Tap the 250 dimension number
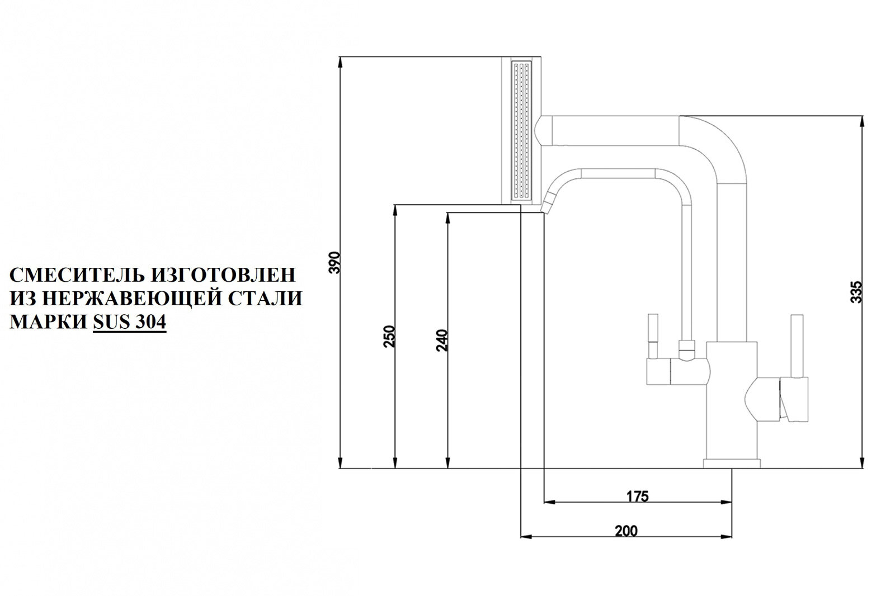click(390, 337)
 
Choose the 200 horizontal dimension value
click(625, 531)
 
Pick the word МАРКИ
click(47, 323)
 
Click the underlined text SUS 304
click(129, 323)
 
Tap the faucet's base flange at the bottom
click(732, 463)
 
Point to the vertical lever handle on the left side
click(652, 335)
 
